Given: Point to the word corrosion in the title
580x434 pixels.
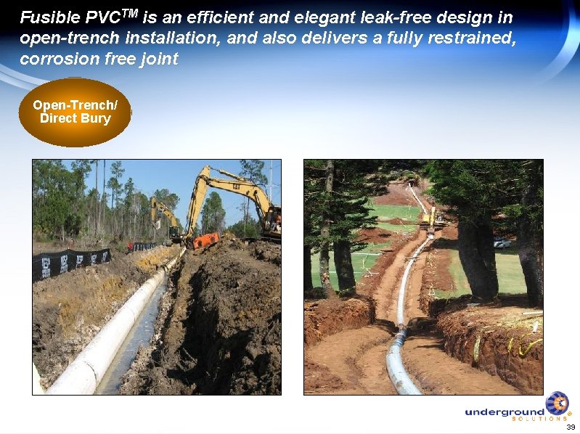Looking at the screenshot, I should click(x=54, y=60).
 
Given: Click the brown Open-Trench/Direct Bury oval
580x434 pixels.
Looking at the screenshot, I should click(x=75, y=112).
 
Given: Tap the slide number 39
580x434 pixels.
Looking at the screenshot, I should click(x=571, y=427).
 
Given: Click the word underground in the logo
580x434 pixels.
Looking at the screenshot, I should click(x=504, y=412).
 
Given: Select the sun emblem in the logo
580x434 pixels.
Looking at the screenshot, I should click(x=557, y=403).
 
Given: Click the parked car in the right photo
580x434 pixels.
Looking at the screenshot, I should click(x=502, y=243).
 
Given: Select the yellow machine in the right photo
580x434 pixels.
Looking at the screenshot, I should click(x=430, y=216).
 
